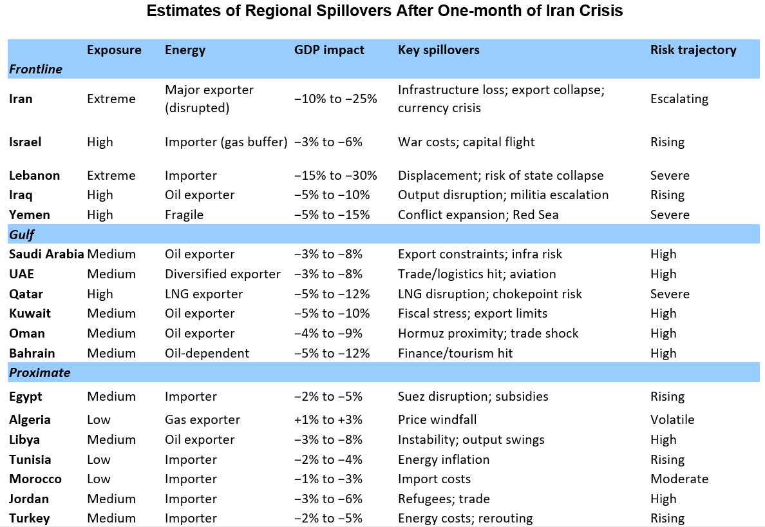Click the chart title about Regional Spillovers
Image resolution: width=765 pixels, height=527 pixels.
384,12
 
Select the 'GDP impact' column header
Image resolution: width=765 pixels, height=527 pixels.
329,50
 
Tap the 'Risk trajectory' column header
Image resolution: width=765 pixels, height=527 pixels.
693,50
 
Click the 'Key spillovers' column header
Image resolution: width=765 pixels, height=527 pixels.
439,50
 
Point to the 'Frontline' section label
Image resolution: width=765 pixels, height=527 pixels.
35,69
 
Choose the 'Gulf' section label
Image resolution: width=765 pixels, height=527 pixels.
21,235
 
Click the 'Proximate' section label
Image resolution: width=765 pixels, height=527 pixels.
39,372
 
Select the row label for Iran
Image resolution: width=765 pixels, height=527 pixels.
21,99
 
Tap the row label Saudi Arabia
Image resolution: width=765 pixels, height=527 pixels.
46,254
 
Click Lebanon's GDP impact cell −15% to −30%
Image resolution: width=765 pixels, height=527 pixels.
335,175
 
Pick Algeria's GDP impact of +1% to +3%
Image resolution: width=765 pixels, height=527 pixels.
328,420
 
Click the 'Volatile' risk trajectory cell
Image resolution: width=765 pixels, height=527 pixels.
672,420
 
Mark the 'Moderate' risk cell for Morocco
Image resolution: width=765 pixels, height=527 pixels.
679,479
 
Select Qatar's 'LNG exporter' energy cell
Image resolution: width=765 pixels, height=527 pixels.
203,294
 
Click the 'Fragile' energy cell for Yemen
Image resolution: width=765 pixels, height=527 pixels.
184,215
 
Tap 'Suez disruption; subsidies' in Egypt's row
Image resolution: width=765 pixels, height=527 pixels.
473,397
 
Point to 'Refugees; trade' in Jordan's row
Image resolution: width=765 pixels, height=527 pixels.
444,499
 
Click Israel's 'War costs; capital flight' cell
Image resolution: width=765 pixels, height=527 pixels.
466,142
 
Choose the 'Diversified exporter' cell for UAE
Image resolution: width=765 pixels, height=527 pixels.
222,274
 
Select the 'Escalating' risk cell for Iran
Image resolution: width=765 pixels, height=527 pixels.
679,99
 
